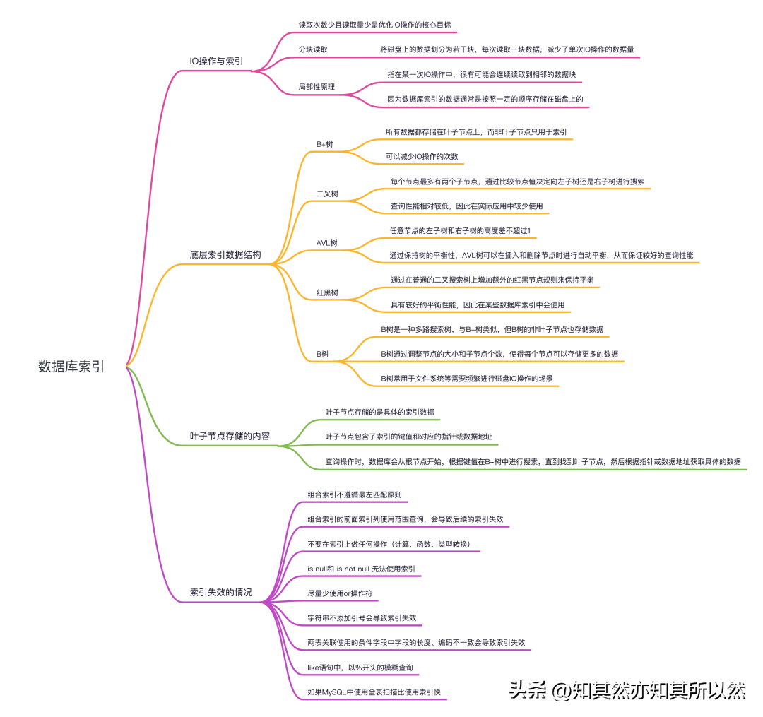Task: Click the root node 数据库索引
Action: pos(71,366)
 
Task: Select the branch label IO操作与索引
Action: pos(217,61)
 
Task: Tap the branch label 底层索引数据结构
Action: pos(225,255)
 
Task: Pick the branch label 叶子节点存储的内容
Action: pos(230,436)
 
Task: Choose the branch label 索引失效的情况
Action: pos(221,592)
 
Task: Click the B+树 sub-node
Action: pos(324,144)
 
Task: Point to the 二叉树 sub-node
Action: pos(326,194)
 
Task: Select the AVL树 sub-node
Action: pos(326,243)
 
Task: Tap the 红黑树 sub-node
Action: pos(327,292)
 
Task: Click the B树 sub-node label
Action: pos(322,354)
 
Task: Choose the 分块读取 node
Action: pos(313,49)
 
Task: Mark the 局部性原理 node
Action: pos(317,87)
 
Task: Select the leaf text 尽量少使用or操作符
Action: pos(340,593)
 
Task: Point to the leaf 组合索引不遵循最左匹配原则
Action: pos(355,494)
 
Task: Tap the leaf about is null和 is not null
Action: pos(361,569)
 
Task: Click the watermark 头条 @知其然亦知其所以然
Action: pos(627,689)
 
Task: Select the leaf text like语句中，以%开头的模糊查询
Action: pos(360,668)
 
